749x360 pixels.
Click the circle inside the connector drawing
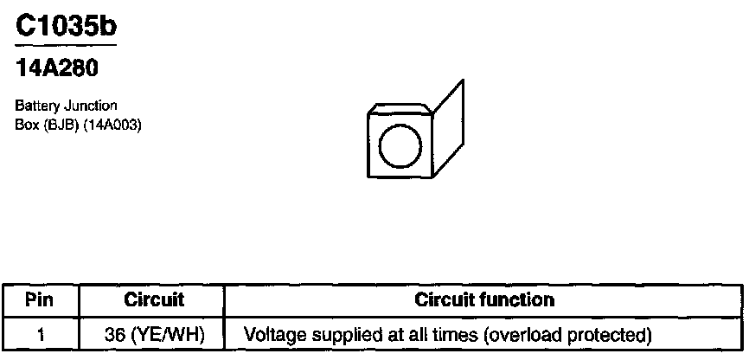(x=399, y=145)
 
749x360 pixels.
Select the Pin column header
(x=41, y=300)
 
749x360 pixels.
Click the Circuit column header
(x=154, y=300)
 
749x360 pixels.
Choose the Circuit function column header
(x=484, y=300)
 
